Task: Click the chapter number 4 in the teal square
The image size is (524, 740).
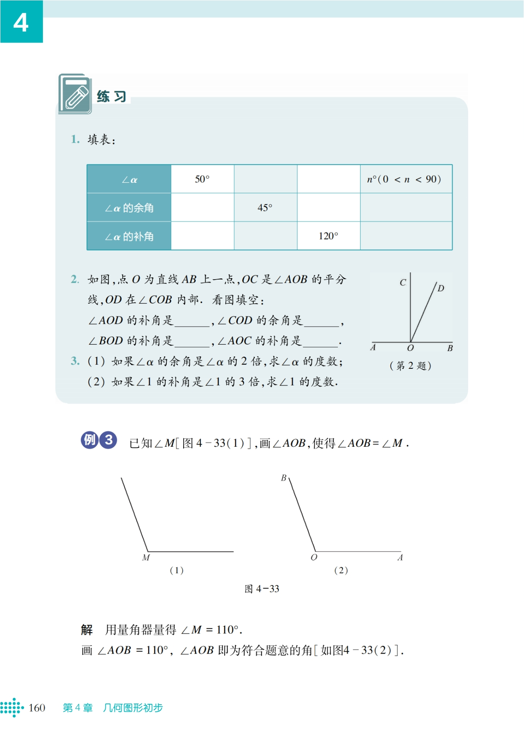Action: [21, 22]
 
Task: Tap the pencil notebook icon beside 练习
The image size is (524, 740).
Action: [75, 94]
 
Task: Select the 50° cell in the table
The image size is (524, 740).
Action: [202, 179]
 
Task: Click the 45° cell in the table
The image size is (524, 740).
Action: [265, 208]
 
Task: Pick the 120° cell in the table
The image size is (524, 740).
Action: [328, 236]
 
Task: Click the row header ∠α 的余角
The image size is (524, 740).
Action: [129, 208]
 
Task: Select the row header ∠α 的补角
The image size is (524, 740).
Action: [129, 237]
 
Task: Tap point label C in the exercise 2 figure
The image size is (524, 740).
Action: [403, 283]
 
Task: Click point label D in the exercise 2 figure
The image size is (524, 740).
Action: [441, 288]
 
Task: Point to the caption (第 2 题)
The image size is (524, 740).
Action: [410, 366]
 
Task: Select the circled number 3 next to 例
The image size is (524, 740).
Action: [108, 440]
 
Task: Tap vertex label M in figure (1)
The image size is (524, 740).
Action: [146, 558]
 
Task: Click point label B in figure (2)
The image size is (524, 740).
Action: [284, 478]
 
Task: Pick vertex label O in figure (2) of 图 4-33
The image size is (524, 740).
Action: [314, 558]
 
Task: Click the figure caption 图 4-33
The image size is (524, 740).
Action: [262, 589]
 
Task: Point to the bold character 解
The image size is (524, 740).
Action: [87, 630]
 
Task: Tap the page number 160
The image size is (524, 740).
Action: [37, 708]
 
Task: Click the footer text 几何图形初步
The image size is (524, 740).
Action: [133, 708]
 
